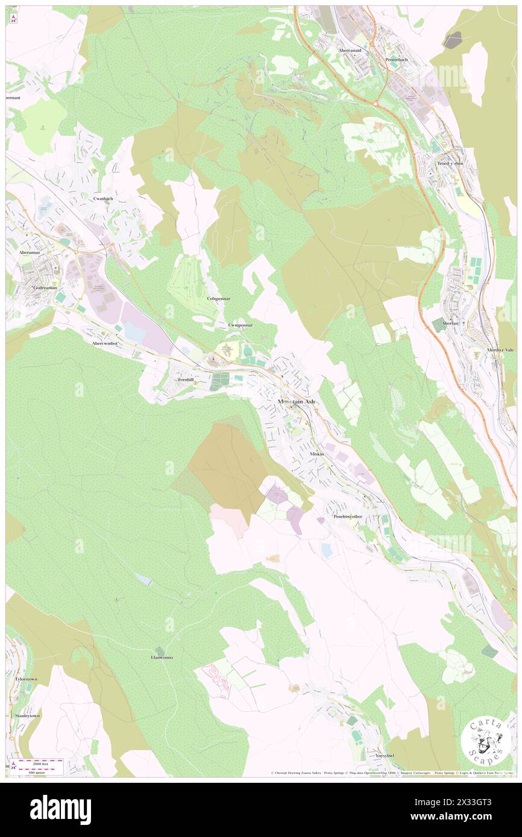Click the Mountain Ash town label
pyautogui.click(x=296, y=402)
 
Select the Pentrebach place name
pyautogui.click(x=397, y=60)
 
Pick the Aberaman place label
pyautogui.click(x=29, y=252)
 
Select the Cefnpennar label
pyautogui.click(x=218, y=298)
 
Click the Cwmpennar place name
pyautogui.click(x=240, y=325)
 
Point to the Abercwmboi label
pyautogui.click(x=107, y=343)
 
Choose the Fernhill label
pyautogui.click(x=185, y=381)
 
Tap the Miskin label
pyautogui.click(x=317, y=453)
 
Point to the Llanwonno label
pyautogui.click(x=162, y=658)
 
